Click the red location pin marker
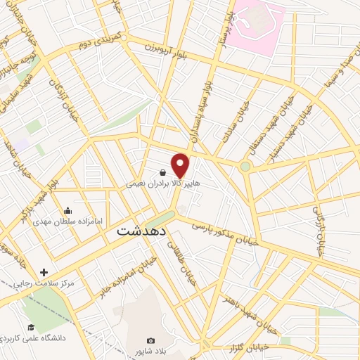coord(181,165)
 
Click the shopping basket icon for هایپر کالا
coord(163,172)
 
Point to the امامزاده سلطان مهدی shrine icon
coord(67,210)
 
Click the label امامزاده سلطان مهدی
coord(67,221)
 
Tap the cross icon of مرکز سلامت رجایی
coord(44,272)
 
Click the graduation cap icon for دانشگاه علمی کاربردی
coord(31,327)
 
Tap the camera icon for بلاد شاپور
coord(151,340)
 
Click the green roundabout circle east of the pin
coord(245,167)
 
